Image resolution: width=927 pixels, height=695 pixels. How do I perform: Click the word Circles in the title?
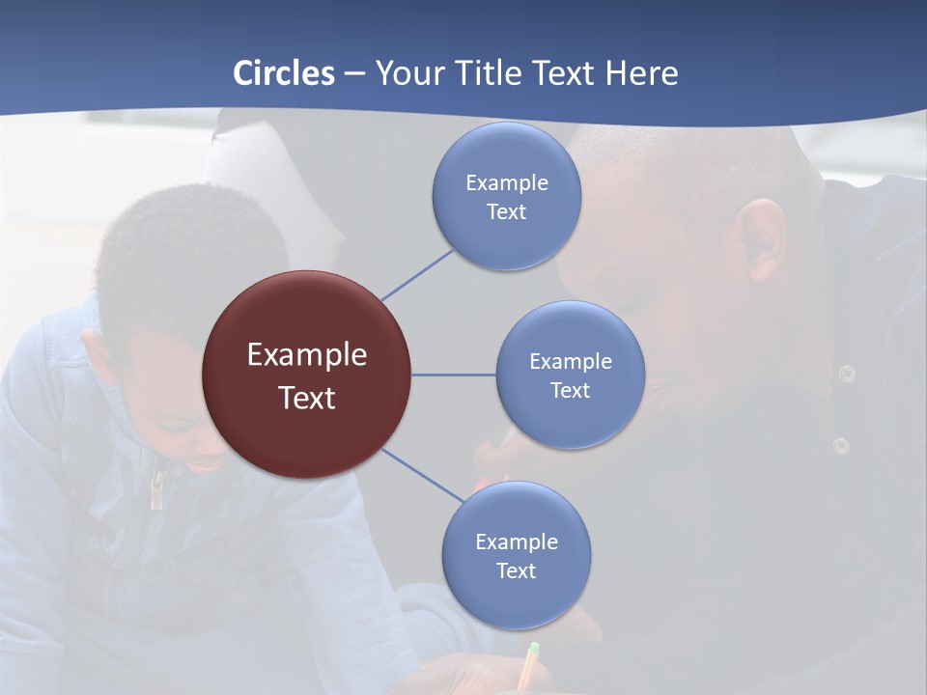click(284, 73)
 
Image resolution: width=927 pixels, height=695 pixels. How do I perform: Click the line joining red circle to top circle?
click(418, 274)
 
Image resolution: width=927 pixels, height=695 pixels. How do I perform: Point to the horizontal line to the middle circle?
click(453, 375)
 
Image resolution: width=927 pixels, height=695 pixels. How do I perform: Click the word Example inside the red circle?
click(307, 355)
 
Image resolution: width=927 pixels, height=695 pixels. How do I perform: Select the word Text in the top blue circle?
click(507, 211)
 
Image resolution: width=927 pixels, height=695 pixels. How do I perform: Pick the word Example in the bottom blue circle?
click(517, 542)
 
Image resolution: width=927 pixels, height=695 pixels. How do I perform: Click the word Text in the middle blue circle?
click(570, 390)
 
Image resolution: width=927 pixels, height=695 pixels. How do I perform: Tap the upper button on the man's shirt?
click(847, 374)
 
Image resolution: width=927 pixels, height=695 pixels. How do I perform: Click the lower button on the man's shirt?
click(841, 445)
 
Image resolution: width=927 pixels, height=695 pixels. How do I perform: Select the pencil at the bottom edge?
click(527, 666)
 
